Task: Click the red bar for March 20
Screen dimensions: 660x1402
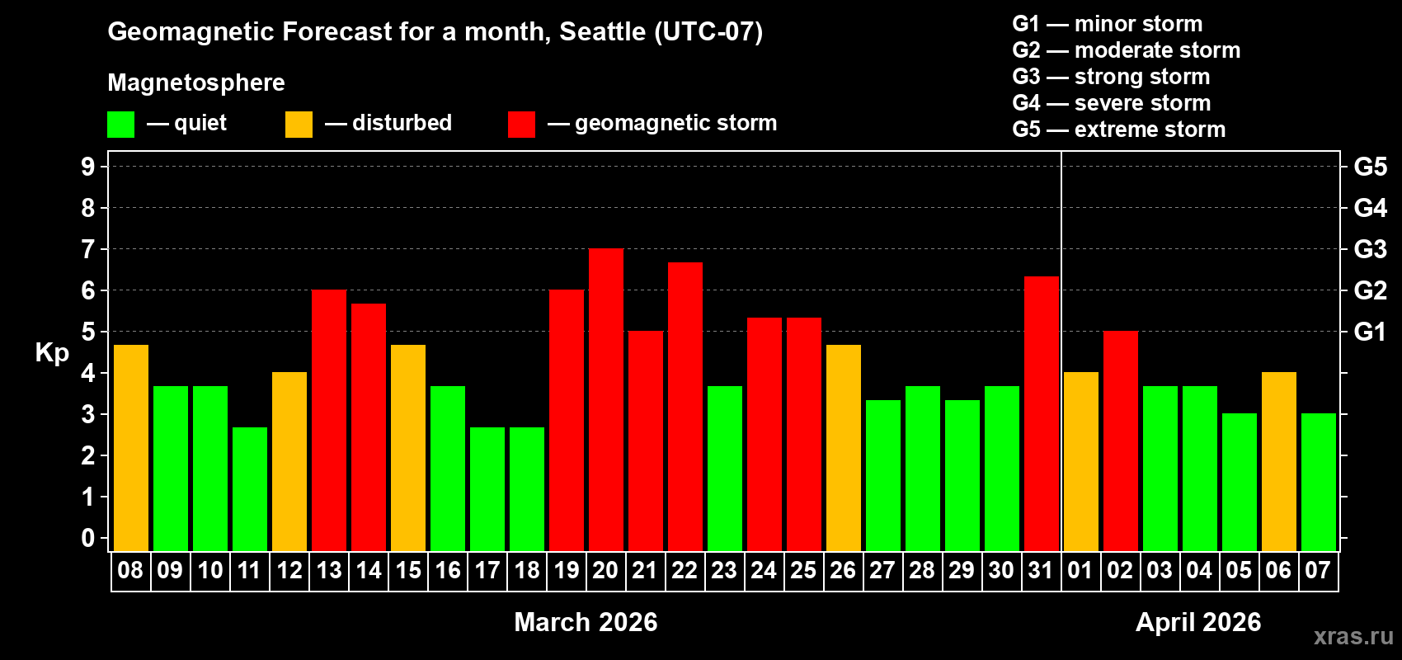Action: [606, 399]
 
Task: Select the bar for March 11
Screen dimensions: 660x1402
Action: [250, 488]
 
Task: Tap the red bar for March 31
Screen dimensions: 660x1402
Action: [1042, 413]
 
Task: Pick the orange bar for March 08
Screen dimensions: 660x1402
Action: [131, 447]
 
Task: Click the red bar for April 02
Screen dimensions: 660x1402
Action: [1121, 441]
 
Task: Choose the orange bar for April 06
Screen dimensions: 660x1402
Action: [1279, 461]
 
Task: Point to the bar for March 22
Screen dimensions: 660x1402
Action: [685, 406]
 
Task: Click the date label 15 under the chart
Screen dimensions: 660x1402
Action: [408, 570]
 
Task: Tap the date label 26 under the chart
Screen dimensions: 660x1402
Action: [843, 570]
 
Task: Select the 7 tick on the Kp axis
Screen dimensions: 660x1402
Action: [88, 249]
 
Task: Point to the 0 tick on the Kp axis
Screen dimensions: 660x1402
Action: [88, 538]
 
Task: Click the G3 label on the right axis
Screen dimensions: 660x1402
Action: [1370, 249]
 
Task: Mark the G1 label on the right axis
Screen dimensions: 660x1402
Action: [1370, 332]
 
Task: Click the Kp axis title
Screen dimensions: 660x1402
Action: [52, 352]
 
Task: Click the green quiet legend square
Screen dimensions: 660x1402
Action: [121, 125]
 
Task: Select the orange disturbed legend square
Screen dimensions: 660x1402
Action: [299, 125]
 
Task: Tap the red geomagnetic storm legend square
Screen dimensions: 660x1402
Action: [521, 125]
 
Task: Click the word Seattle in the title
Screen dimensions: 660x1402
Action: [602, 31]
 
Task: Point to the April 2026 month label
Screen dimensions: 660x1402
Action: [1198, 622]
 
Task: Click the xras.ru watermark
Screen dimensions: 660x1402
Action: [1353, 636]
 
